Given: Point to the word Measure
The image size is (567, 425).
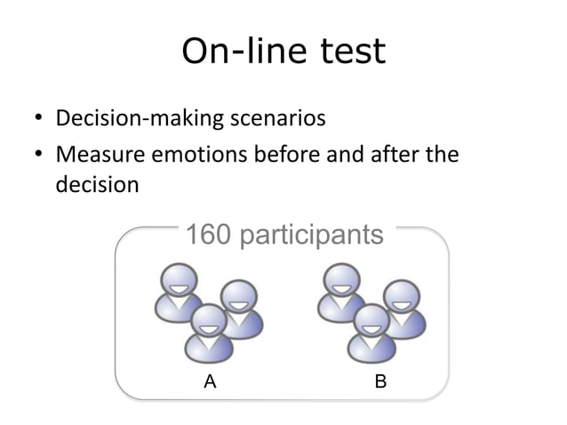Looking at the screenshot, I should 95,156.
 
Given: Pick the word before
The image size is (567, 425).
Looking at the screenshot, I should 286,156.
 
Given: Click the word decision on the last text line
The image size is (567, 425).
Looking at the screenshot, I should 96,186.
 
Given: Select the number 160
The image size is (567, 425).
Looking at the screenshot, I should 209,236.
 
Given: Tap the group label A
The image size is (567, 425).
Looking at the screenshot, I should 210,382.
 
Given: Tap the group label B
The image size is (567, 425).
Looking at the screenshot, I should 380,382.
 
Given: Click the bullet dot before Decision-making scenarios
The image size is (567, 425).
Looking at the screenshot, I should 40,119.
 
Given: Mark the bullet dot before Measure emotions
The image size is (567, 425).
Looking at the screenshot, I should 40,156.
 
